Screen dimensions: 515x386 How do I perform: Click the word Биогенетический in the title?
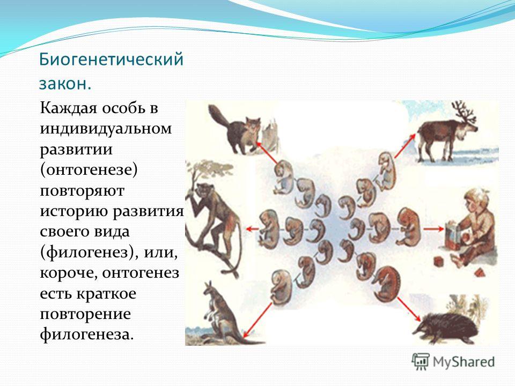point(111,60)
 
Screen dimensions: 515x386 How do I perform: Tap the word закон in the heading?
point(63,84)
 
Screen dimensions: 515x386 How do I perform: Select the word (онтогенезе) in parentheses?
point(89,170)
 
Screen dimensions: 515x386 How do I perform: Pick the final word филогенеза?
point(87,335)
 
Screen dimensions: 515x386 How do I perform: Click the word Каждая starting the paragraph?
point(68,108)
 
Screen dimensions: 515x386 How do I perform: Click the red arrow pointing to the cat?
point(267,152)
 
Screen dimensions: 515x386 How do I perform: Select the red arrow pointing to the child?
point(433,229)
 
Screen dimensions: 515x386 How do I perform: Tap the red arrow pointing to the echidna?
point(409,309)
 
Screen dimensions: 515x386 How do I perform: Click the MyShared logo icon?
point(421,362)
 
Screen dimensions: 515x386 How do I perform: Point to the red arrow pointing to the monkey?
point(253,229)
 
